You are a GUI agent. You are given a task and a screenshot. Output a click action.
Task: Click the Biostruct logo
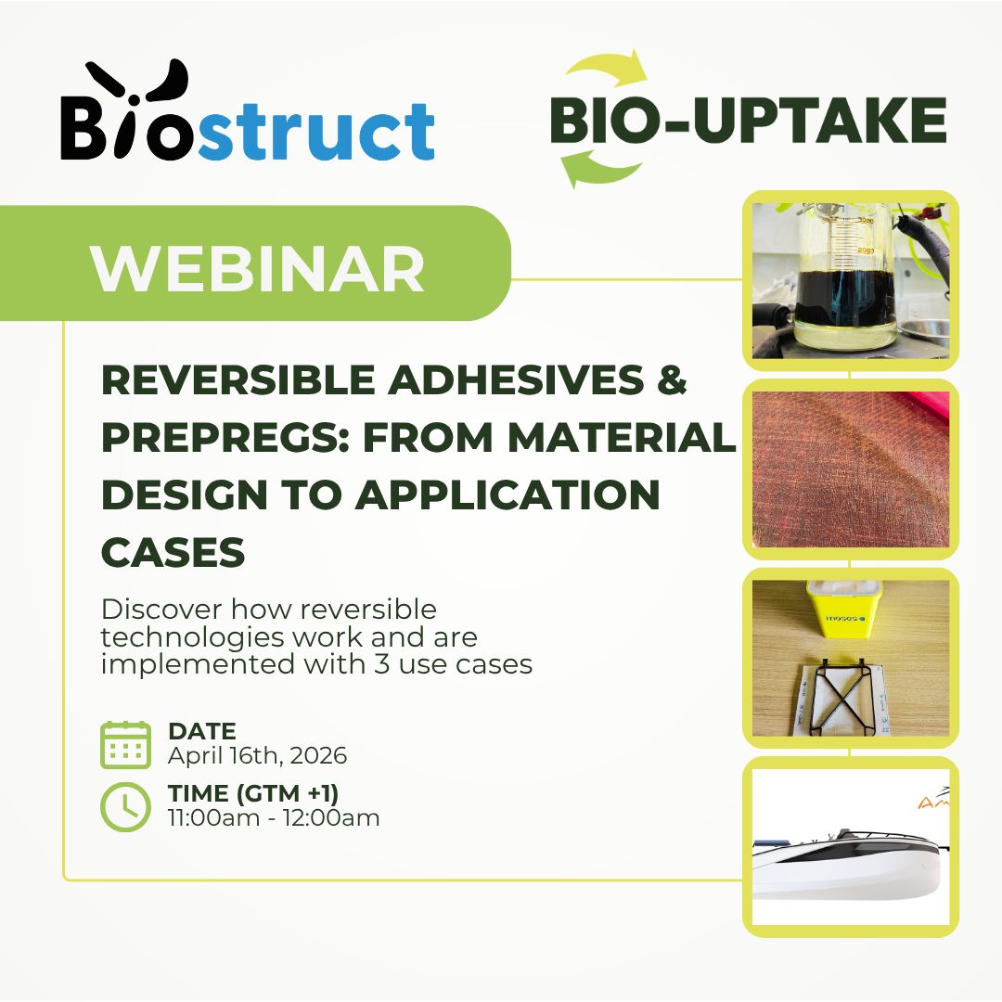(248, 109)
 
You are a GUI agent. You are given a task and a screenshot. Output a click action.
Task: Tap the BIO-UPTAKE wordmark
(748, 120)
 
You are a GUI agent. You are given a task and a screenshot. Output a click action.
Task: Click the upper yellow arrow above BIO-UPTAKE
(607, 68)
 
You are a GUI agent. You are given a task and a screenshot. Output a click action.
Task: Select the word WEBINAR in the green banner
(258, 268)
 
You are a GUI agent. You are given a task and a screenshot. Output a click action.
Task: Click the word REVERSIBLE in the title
(238, 379)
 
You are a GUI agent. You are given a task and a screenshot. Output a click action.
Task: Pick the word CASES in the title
(173, 552)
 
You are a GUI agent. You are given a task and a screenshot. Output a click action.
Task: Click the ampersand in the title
(672, 379)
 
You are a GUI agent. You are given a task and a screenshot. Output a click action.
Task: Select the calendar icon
(126, 744)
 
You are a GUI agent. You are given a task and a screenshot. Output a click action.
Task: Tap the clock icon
(126, 806)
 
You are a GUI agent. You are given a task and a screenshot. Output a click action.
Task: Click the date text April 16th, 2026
(258, 755)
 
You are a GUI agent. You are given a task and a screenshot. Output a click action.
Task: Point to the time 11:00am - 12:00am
(274, 817)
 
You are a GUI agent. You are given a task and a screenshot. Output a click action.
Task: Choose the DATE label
(202, 730)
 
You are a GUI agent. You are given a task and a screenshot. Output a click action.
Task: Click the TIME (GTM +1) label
(253, 793)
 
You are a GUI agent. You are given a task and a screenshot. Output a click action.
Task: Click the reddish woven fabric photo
(851, 469)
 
